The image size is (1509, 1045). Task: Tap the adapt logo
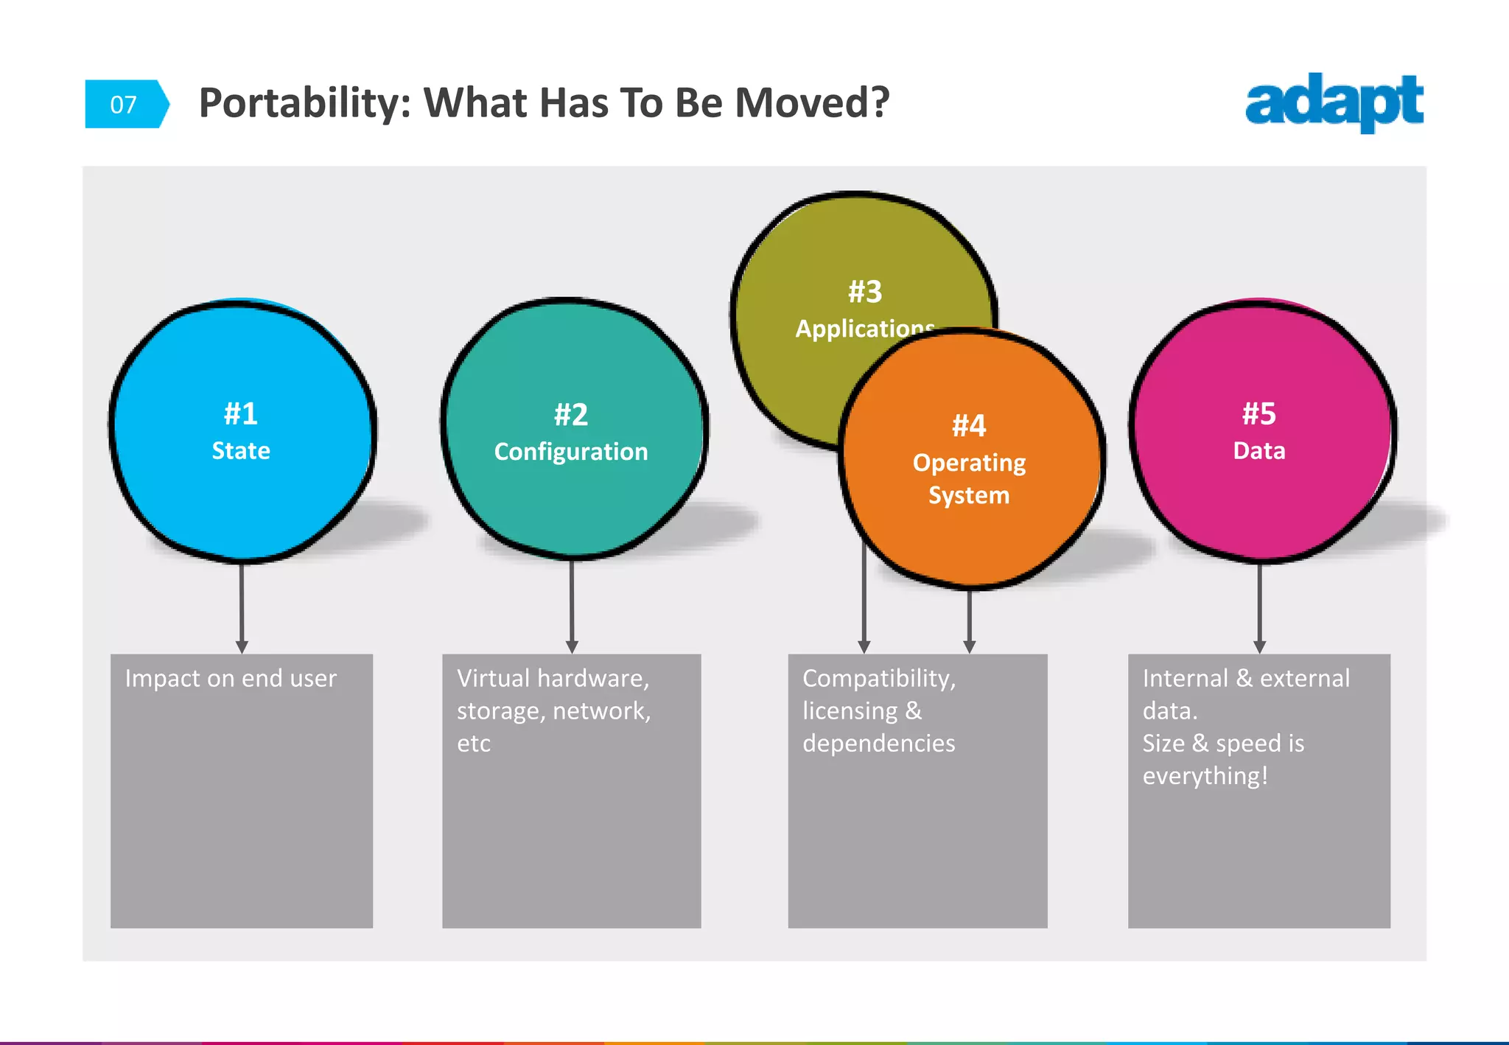pos(1334,102)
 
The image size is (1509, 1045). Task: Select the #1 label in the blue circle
pos(241,413)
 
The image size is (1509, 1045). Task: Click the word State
pos(241,450)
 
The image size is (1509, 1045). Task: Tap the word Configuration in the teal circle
pos(571,451)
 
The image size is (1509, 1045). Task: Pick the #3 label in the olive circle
pos(865,292)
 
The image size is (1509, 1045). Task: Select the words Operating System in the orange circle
pos(969,479)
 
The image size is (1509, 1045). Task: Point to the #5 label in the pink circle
pos(1259,413)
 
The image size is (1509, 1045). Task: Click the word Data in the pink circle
pos(1259,450)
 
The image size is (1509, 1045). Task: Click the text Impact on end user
pos(231,678)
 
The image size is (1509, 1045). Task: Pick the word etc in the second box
pos(474,743)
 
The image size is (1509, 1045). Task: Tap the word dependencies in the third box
pos(879,743)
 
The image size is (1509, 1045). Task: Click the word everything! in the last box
pos(1205,776)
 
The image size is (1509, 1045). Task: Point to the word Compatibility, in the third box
pos(879,678)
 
